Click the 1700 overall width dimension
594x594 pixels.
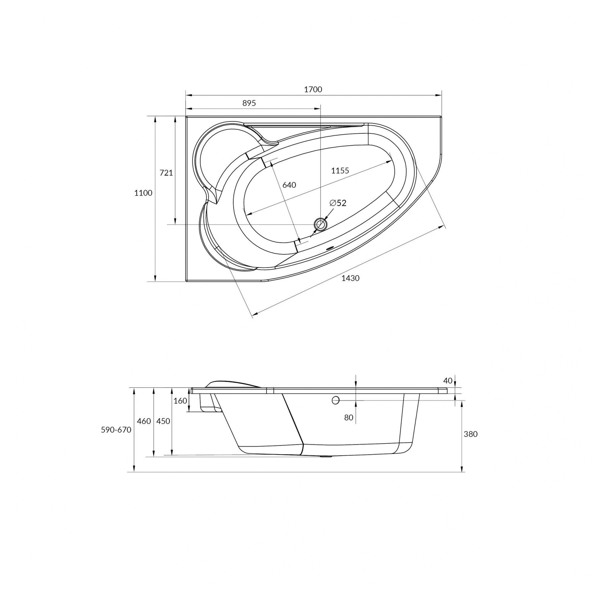313,89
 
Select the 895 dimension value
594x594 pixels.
249,103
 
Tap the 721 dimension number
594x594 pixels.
166,173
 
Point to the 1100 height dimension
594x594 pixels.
143,193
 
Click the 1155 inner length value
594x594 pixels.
340,171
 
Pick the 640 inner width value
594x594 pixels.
289,185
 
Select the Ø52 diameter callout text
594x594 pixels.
338,203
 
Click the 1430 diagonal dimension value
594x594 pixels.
351,278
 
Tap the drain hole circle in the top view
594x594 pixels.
320,224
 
